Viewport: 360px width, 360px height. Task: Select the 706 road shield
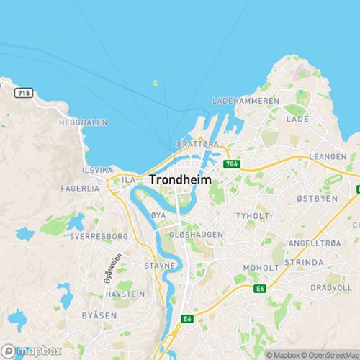pos(230,165)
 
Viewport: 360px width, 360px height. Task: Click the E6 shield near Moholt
pos(260,288)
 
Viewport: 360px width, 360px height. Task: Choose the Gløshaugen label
pos(195,235)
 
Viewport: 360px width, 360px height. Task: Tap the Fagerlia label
pos(81,188)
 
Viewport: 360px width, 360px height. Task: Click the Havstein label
pos(125,294)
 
